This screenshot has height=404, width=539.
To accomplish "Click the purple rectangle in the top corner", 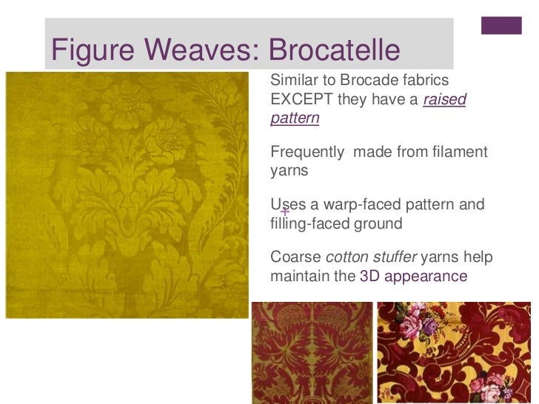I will point(501,25).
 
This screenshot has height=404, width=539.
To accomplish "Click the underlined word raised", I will point(444,99).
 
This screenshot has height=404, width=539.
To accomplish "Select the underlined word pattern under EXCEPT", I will point(295,118).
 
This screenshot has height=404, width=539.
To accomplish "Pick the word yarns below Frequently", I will point(289,171).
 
